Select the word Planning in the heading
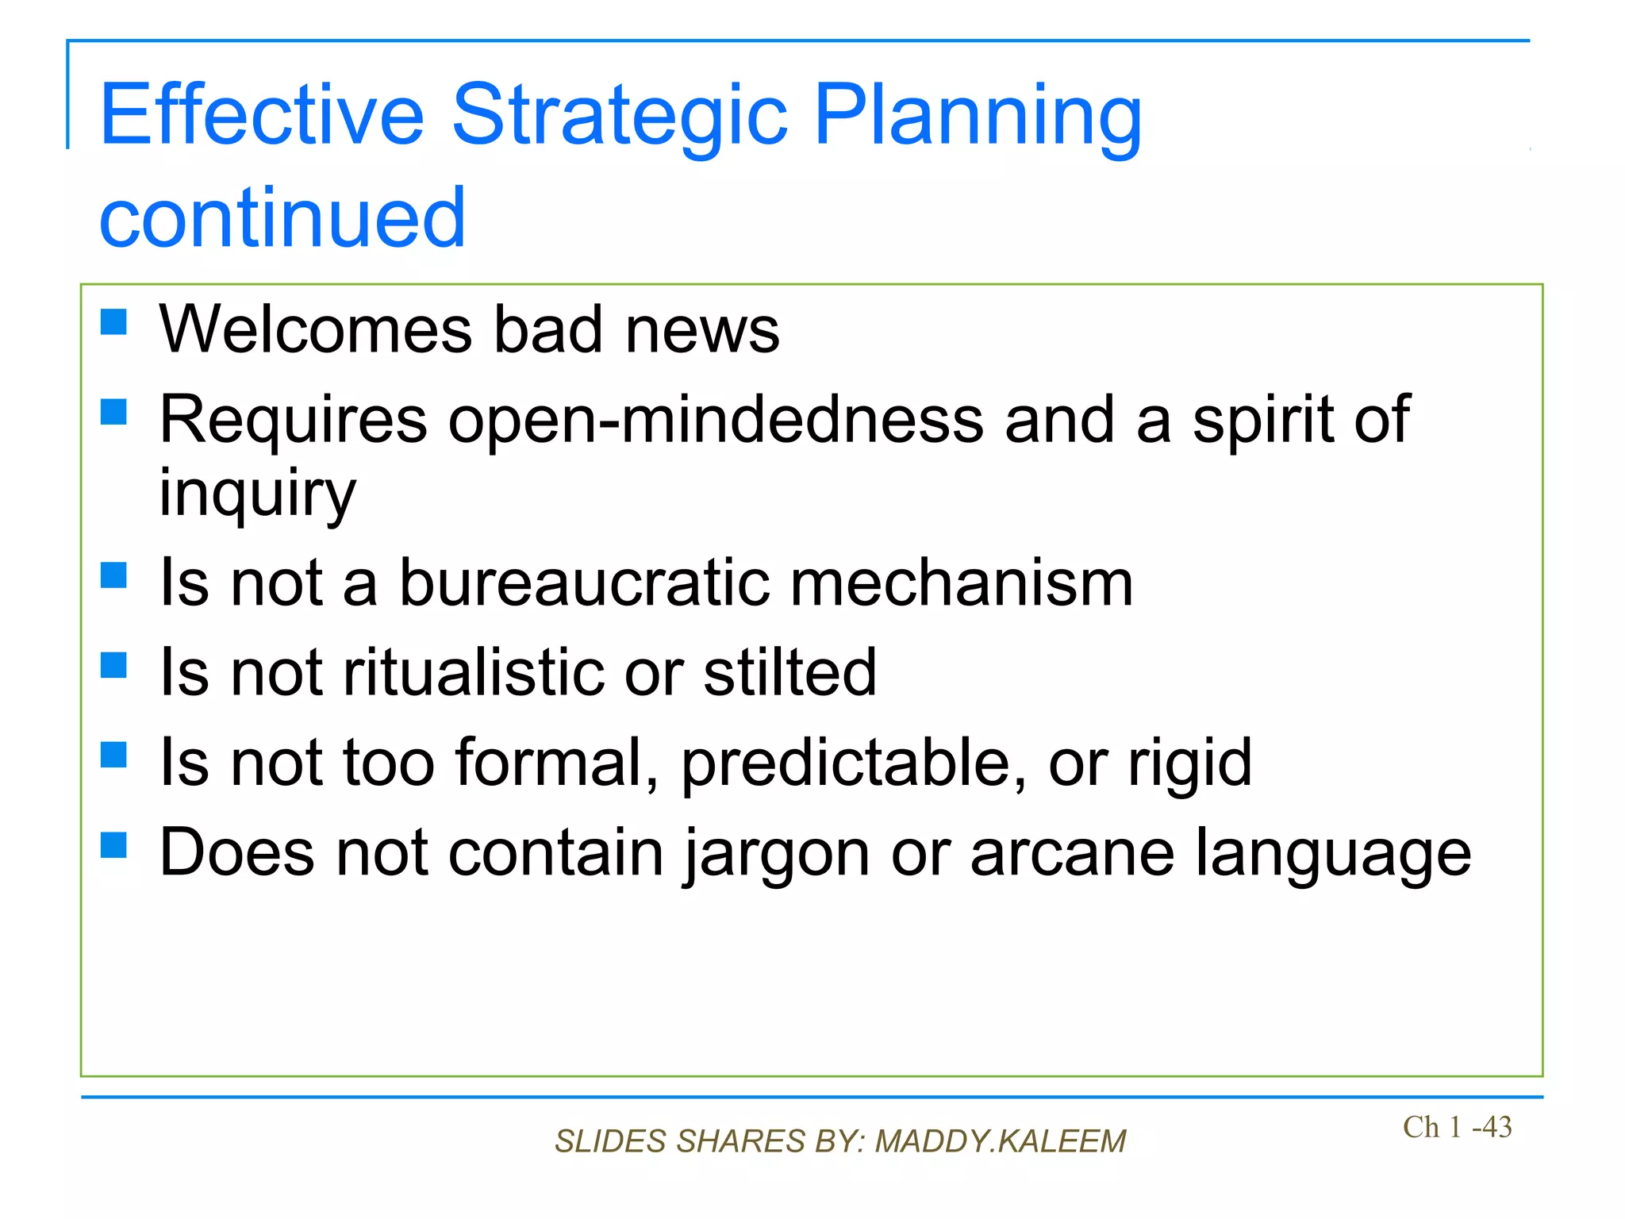click(x=978, y=116)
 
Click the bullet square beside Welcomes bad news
click(x=114, y=322)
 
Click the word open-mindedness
click(x=715, y=420)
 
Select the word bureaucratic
click(x=584, y=583)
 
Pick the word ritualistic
click(x=473, y=672)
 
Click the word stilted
click(x=789, y=672)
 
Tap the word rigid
click(x=1190, y=763)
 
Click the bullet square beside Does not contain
click(x=114, y=845)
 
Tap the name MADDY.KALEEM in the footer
click(x=1000, y=1141)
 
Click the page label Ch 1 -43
click(x=1457, y=1127)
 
